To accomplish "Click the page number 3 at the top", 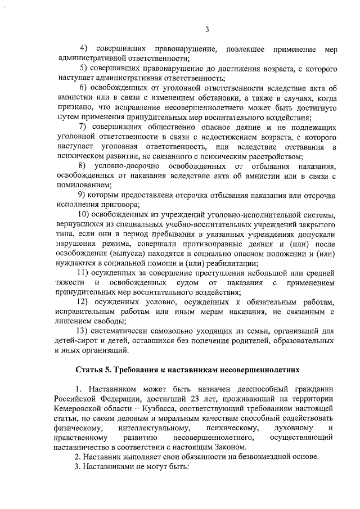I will click(206, 30).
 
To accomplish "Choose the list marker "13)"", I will click(83, 330).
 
